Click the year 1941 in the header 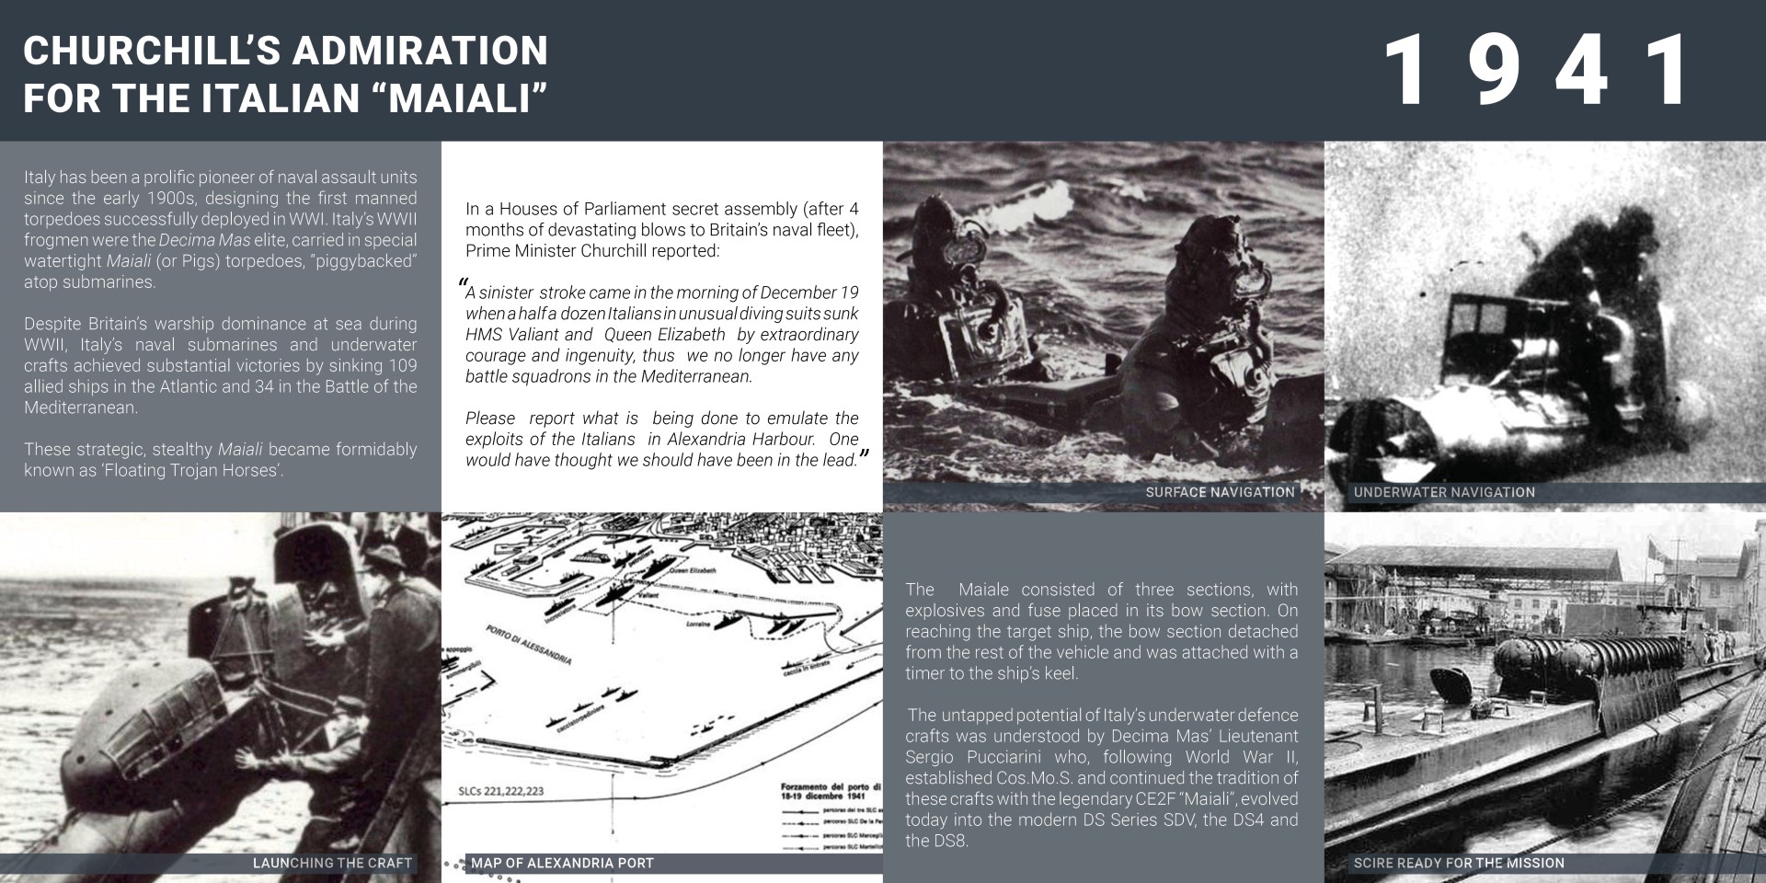[x=1539, y=71]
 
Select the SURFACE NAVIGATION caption [x=1220, y=492]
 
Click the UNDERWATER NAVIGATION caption [x=1444, y=492]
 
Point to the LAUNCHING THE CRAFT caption [x=332, y=863]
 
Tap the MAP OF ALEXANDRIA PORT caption [x=562, y=863]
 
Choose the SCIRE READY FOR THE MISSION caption [x=1459, y=863]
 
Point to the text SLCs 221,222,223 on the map [x=500, y=791]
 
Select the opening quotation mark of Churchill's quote [x=463, y=285]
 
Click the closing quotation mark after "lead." [x=864, y=455]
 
